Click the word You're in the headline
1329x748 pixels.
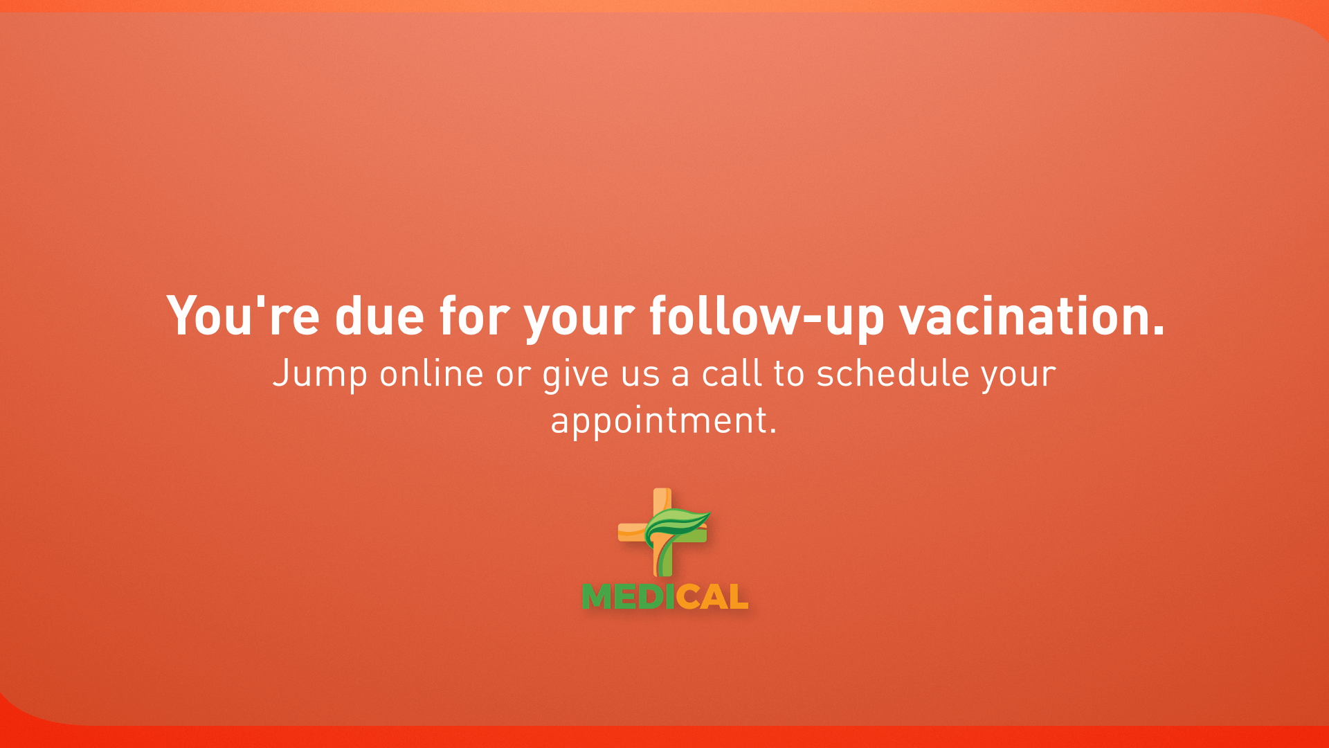coord(243,316)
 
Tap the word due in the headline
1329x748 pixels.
coord(379,316)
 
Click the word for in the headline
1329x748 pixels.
coord(474,316)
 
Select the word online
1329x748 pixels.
coord(431,373)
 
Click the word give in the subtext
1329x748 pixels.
coord(576,377)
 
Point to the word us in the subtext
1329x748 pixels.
coord(640,377)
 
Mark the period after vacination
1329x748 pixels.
coord(1158,332)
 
